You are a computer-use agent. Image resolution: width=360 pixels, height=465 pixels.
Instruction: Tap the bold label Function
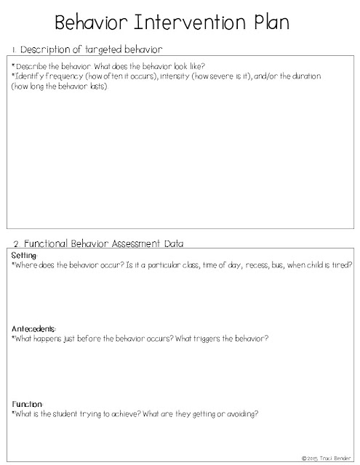pyautogui.click(x=28, y=403)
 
